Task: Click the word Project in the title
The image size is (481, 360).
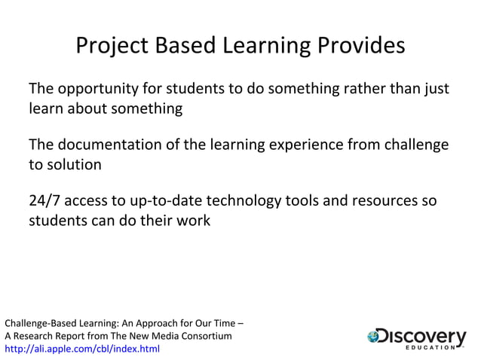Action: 112,46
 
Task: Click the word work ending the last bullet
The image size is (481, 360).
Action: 195,221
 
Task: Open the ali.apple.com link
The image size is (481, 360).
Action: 82,349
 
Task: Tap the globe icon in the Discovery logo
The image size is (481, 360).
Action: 375,337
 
